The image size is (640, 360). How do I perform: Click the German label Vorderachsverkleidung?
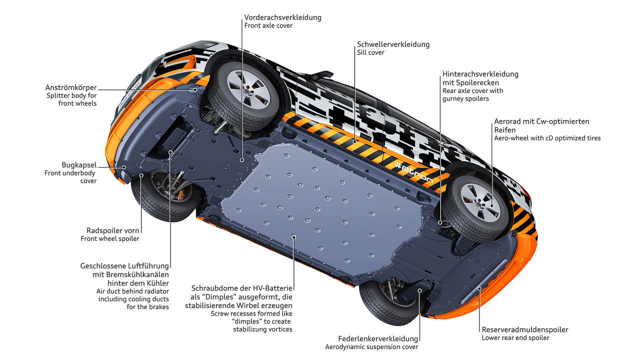point(282,17)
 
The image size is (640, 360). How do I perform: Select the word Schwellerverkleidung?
point(393,44)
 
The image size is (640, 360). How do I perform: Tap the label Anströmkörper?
point(70,87)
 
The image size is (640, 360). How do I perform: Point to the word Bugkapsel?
point(79,164)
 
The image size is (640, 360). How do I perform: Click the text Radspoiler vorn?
point(113,230)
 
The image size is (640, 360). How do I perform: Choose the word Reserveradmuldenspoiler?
point(524,329)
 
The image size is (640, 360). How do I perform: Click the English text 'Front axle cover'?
point(268,26)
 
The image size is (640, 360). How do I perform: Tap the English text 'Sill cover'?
point(370,52)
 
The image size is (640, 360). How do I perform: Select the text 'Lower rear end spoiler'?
point(515,338)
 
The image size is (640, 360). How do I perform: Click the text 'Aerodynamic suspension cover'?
point(371,347)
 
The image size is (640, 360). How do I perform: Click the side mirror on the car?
point(320,76)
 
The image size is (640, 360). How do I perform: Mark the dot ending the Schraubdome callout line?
point(294,236)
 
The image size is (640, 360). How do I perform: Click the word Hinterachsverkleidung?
point(480,74)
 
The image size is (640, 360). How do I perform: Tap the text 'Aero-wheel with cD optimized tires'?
point(547,138)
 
